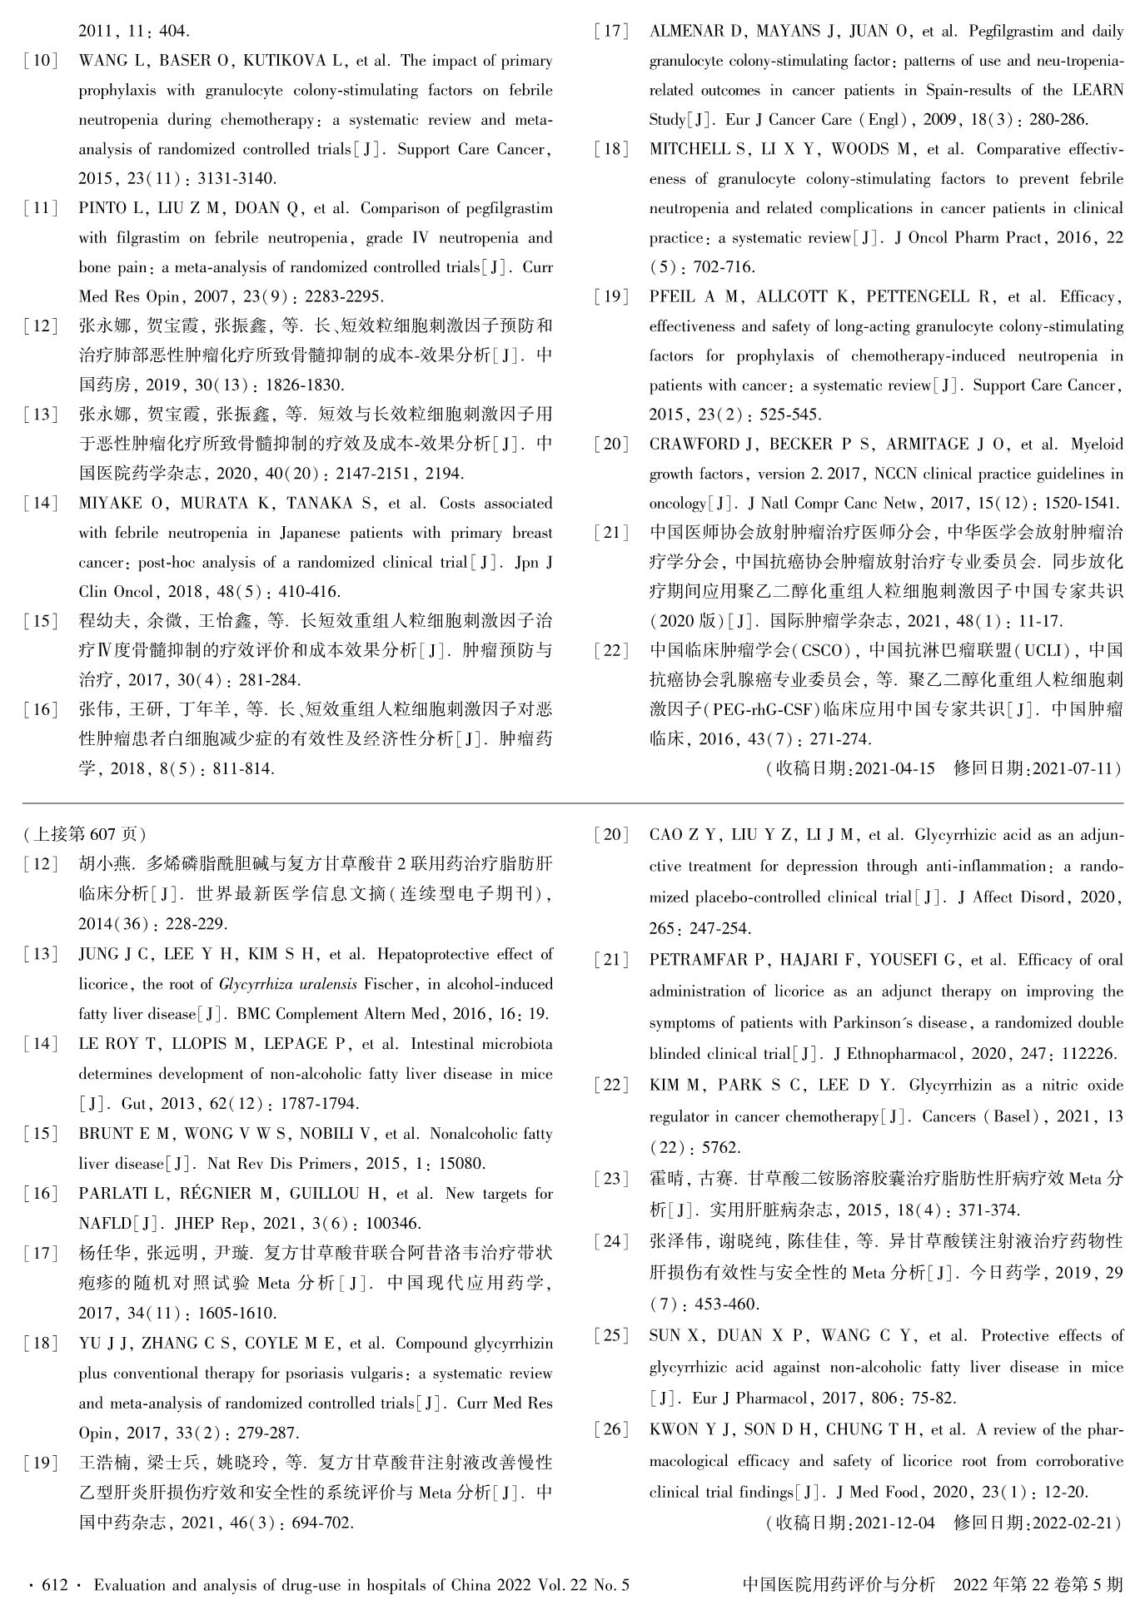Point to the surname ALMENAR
688,32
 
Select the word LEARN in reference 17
1097,90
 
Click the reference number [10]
41,61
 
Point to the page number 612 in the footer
54,1585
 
